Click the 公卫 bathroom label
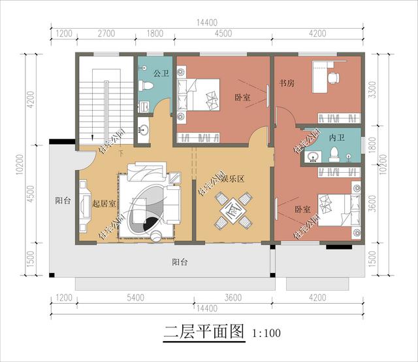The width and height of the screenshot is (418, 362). pos(161,74)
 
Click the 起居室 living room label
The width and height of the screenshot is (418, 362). pos(104,204)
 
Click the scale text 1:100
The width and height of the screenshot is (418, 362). pos(266,333)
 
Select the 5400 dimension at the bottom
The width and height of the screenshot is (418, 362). pos(135,298)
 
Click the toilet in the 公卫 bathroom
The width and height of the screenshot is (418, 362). pos(145,86)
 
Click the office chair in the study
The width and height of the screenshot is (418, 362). pos(332,78)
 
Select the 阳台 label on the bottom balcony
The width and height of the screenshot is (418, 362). pos(180,262)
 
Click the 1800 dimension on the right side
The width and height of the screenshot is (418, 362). pos(372,144)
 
